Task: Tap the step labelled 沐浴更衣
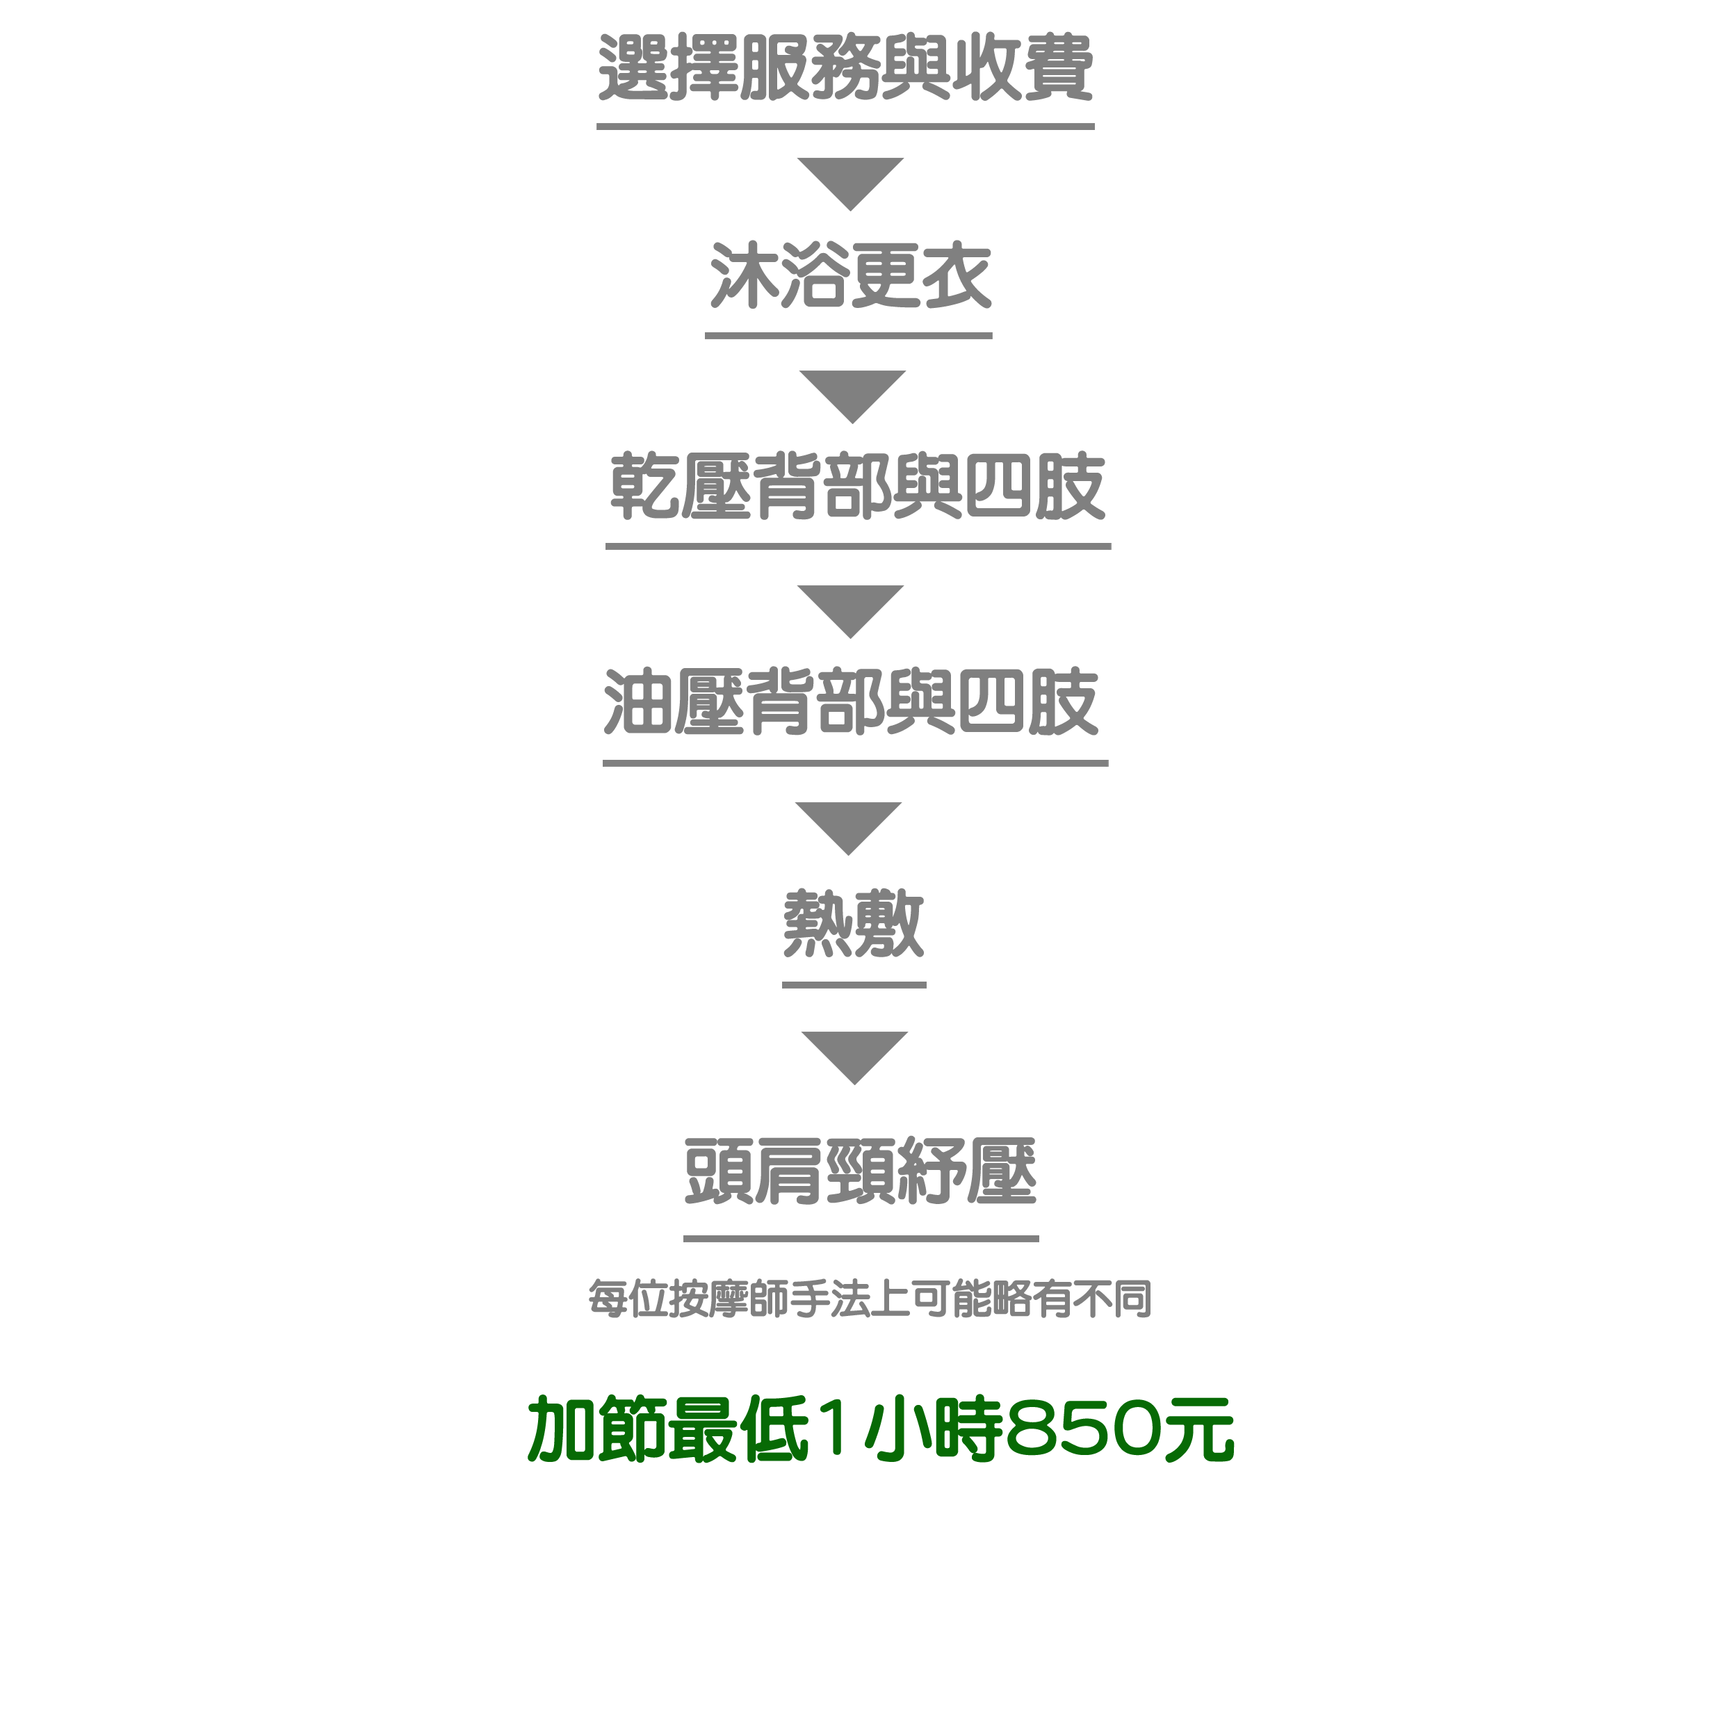pyautogui.click(x=850, y=276)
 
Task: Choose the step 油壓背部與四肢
pyautogui.click(x=852, y=702)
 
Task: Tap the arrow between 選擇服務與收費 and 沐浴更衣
pyautogui.click(x=850, y=184)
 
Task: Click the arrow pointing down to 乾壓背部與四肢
pyautogui.click(x=852, y=396)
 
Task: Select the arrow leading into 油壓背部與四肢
pyautogui.click(x=850, y=611)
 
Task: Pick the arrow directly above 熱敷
pyautogui.click(x=849, y=828)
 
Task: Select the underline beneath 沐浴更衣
pyautogui.click(x=849, y=336)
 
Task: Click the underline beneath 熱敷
pyautogui.click(x=854, y=985)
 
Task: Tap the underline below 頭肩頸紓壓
pyautogui.click(x=861, y=1239)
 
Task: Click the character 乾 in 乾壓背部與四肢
pyautogui.click(x=644, y=487)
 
